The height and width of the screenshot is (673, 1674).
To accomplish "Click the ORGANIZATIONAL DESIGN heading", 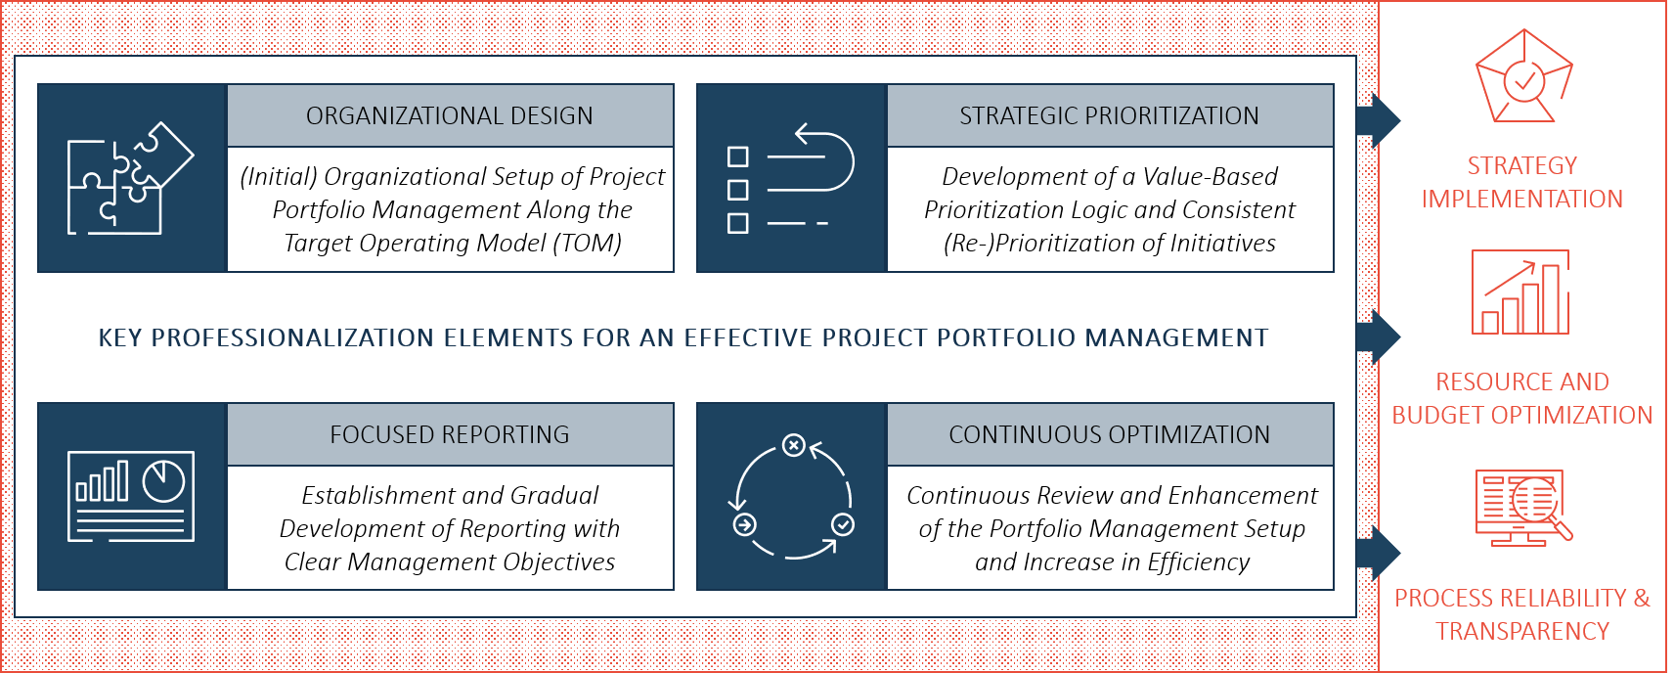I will click(449, 115).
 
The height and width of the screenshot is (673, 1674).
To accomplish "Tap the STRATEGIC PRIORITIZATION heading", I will click(1109, 115).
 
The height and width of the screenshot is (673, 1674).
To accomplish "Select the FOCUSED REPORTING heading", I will click(449, 434).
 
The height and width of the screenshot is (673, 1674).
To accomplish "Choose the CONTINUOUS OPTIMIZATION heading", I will click(1109, 434).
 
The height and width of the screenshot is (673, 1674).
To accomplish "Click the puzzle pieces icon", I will click(130, 178).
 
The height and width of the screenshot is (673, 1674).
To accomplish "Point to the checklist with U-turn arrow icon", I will click(790, 178).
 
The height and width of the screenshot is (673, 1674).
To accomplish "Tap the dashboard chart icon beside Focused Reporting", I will click(130, 496).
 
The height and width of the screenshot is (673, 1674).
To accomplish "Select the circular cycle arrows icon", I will click(791, 497).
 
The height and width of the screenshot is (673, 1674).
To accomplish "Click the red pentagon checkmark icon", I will click(1522, 76).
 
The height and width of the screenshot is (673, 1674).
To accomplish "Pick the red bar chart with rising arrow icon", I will click(1521, 293).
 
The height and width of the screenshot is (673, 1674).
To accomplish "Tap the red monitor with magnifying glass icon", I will click(1522, 507).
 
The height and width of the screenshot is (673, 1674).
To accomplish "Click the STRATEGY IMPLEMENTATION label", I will click(1521, 182).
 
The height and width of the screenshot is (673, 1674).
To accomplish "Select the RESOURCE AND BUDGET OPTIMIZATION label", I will click(1521, 398).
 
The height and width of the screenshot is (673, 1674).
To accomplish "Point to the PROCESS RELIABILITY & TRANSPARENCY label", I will click(1521, 614).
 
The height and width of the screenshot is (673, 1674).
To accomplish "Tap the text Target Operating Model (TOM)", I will click(452, 243).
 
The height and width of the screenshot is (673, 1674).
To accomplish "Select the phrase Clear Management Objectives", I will click(449, 561).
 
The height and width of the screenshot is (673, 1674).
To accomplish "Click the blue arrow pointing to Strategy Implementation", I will click(1380, 120).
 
